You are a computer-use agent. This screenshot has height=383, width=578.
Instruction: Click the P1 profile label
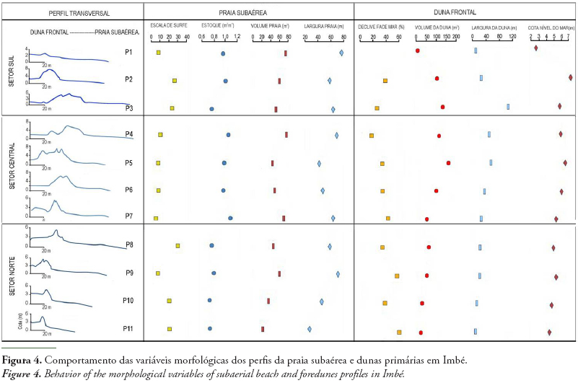tap(128, 52)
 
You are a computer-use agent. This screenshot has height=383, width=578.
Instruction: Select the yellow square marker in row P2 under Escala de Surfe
tap(174, 81)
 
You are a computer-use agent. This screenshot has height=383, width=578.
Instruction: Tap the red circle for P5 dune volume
tap(448, 163)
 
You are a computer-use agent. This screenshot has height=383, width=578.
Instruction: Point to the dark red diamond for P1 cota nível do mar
tap(535, 48)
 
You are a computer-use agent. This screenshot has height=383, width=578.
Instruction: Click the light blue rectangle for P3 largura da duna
tap(508, 106)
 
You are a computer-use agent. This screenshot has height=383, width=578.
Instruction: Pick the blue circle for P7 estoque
tap(230, 218)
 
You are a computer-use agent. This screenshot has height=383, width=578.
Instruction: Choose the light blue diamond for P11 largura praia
tap(310, 329)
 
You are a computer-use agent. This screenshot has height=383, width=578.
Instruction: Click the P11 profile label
tap(129, 329)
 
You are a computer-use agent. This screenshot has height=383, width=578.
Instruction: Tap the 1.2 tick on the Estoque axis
tap(237, 36)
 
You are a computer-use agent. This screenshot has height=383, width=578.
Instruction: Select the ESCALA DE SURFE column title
tap(168, 26)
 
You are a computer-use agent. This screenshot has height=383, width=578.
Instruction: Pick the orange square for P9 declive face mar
tap(397, 276)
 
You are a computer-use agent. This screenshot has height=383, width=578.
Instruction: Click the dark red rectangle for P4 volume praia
tap(286, 134)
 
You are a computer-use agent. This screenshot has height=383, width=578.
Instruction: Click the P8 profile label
tap(128, 245)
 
